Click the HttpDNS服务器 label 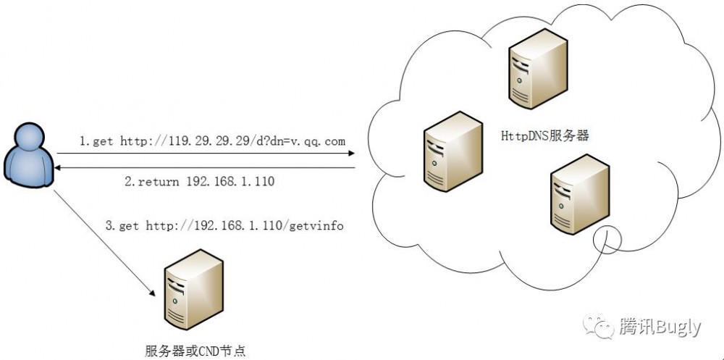pyautogui.click(x=544, y=135)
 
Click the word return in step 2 pyautogui.click(x=158, y=182)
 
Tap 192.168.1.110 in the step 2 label pyautogui.click(x=231, y=182)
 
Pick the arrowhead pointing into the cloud pyautogui.click(x=350, y=154)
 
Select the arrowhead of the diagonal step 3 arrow pyautogui.click(x=153, y=293)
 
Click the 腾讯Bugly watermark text pyautogui.click(x=660, y=327)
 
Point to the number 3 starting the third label pyautogui.click(x=109, y=226)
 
